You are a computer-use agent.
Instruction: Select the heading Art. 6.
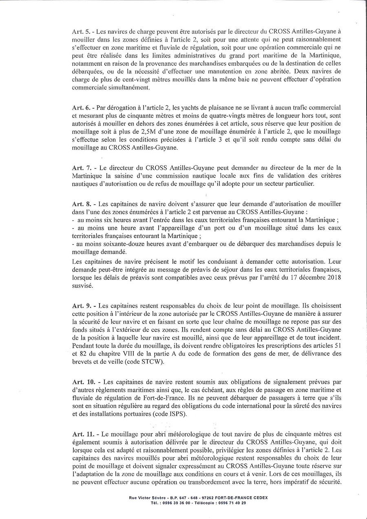click(x=80, y=107)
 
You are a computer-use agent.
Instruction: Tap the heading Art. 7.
click(x=80, y=168)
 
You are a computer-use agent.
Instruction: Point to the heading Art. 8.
click(x=80, y=203)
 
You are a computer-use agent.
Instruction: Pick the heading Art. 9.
click(x=80, y=305)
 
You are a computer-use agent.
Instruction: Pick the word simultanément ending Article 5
click(x=132, y=87)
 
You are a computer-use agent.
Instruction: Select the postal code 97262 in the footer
click(x=195, y=498)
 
